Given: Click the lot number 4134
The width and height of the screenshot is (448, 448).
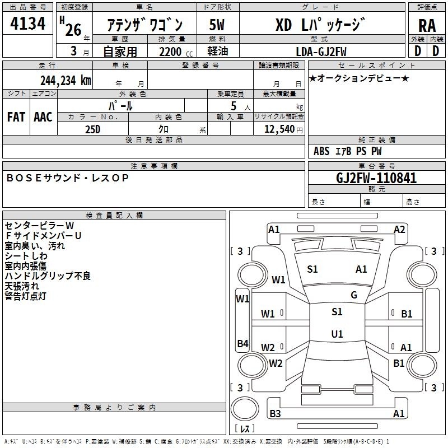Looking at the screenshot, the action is pos(27,23).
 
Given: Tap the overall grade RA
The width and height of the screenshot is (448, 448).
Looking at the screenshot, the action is pos(427,26).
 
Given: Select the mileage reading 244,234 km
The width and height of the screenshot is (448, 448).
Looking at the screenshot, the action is pos(66,81).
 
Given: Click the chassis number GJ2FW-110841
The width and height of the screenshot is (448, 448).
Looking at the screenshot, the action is pos(376,178).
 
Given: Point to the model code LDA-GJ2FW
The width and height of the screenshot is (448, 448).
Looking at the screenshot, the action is pos(321,52).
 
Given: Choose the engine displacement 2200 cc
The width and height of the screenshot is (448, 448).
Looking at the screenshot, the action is pos(176,52).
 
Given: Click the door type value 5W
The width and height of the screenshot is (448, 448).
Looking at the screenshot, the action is pos(217,25).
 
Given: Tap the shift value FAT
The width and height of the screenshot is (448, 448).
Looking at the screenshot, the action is pos(16,117).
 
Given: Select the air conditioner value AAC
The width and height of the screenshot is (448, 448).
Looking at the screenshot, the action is pos(43,117).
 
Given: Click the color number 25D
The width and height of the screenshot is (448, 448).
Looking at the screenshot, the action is pos(93,129).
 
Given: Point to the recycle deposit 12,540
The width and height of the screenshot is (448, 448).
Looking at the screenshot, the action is pos(279,129).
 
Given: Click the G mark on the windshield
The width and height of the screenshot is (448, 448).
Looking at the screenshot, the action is pos(354,295).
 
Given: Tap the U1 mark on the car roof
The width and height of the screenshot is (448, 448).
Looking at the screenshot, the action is pos(337,334).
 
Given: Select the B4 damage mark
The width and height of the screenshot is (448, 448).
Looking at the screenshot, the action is pos(242,343).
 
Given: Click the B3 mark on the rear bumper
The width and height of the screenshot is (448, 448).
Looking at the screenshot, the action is pos(275,413).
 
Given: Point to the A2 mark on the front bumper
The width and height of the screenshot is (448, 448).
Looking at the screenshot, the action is pos(399,230).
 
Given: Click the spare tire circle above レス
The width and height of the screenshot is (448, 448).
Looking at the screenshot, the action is pos(245,409).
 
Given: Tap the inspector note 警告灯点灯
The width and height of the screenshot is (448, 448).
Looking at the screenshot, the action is pos(25,296).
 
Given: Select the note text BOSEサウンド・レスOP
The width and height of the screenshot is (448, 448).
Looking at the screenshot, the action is pos(67,178).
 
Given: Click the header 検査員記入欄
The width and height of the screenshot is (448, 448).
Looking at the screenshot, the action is pos(114,216).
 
